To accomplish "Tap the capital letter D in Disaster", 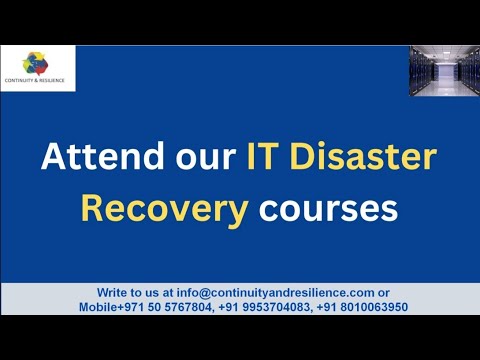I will (302, 157).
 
